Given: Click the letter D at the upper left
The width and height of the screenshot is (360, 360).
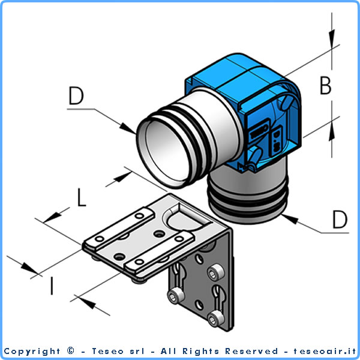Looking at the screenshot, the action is coord(76,95).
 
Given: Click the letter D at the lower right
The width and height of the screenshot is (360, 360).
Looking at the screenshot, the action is coord(340,219).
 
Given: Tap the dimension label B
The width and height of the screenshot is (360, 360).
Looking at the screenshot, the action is coord(326,85).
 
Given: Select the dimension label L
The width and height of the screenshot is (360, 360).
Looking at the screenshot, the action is coord(81,197).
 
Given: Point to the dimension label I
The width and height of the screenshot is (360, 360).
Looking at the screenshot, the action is coord(52,286).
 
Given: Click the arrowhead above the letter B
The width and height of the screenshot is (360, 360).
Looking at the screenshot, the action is coord(332,39).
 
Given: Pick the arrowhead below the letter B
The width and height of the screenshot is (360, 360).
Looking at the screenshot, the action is coord(332,131).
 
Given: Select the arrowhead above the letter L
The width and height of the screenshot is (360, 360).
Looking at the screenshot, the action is coord(122,177).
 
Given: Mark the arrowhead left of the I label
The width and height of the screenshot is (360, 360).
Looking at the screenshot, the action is coord(29,268).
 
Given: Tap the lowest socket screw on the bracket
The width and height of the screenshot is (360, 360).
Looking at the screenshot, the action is coord(215,319).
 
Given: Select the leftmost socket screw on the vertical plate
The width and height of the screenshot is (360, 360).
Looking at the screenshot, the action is coord(176,296).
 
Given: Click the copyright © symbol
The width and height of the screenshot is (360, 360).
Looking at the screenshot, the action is coord(71,350).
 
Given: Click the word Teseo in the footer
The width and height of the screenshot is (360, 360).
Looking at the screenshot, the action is coord(107,351).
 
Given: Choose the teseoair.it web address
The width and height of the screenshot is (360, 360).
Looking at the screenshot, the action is coord(325,351).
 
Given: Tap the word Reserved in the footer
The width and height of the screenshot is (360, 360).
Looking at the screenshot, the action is coord(251,351).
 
